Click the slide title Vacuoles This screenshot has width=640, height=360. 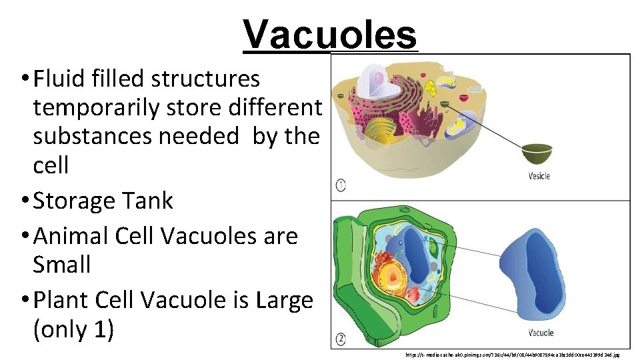tap(330, 33)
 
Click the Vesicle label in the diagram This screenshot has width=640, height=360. tap(539, 177)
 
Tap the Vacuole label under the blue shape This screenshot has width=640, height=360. tap(541, 332)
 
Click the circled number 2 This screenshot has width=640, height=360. tap(341, 339)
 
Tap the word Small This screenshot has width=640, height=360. tap(62, 264)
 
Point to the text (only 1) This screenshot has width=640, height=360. tap(73, 329)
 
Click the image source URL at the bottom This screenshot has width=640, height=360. tap(517, 355)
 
